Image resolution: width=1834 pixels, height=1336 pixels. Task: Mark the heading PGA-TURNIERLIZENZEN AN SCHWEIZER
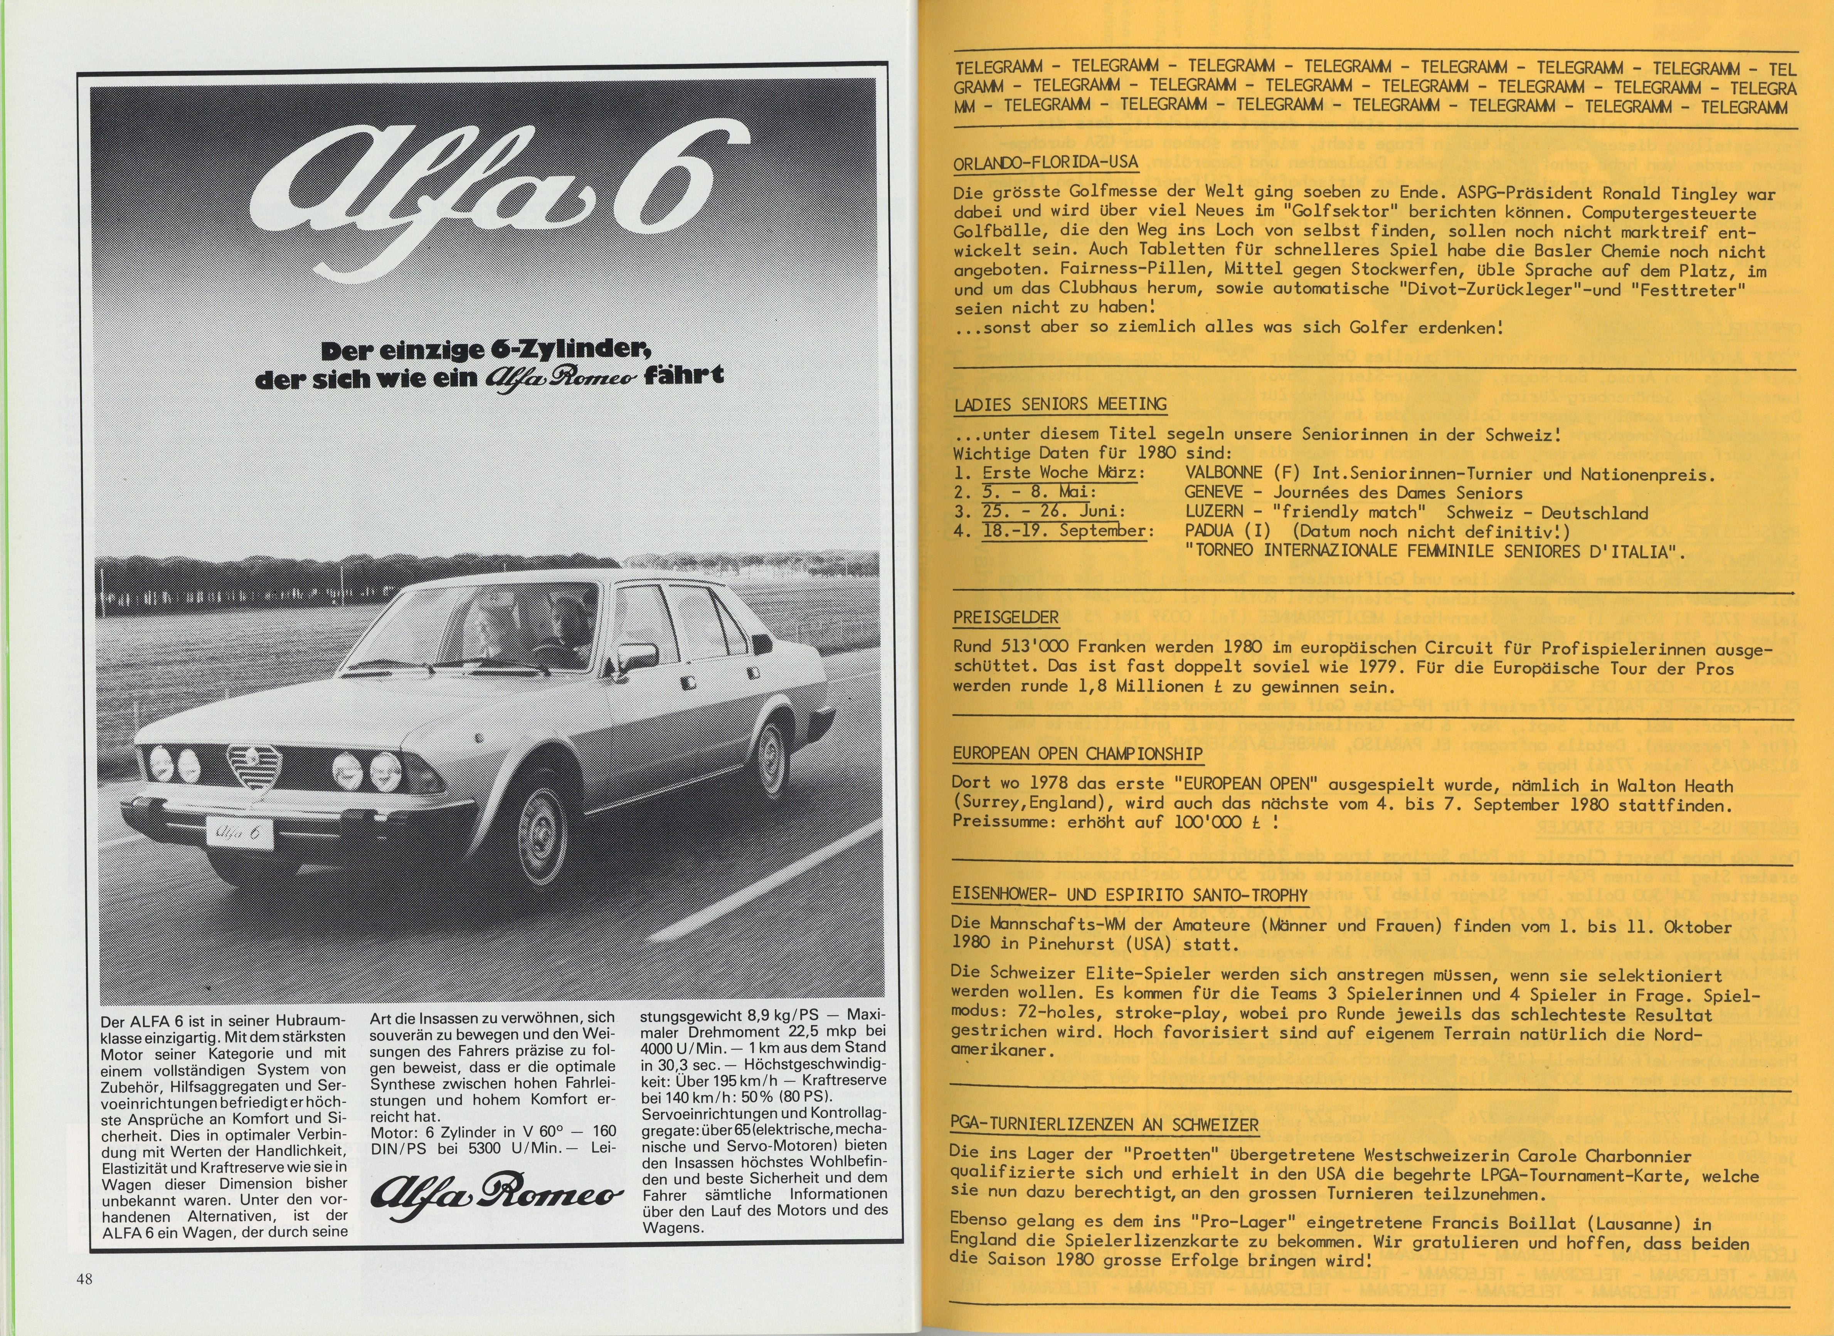(1105, 1125)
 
